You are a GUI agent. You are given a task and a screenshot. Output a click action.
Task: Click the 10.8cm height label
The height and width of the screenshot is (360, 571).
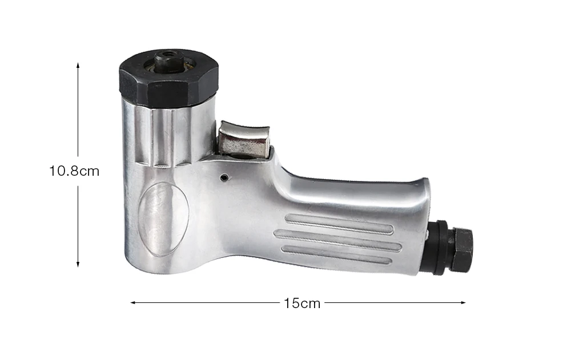pyautogui.click(x=74, y=171)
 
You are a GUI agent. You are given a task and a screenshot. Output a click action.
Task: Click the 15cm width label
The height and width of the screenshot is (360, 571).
pyautogui.click(x=302, y=303)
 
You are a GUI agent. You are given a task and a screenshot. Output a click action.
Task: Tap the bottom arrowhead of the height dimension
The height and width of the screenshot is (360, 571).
pyautogui.click(x=78, y=265)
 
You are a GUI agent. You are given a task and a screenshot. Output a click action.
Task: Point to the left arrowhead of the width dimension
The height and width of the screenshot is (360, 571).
pyautogui.click(x=133, y=302)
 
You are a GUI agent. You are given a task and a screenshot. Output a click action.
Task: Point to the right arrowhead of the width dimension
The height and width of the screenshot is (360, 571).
pyautogui.click(x=463, y=302)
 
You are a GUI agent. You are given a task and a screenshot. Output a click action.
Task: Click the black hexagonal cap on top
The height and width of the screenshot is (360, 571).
pyautogui.click(x=169, y=78)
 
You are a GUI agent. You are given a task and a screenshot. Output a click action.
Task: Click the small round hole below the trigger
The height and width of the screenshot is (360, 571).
pyautogui.click(x=225, y=177)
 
